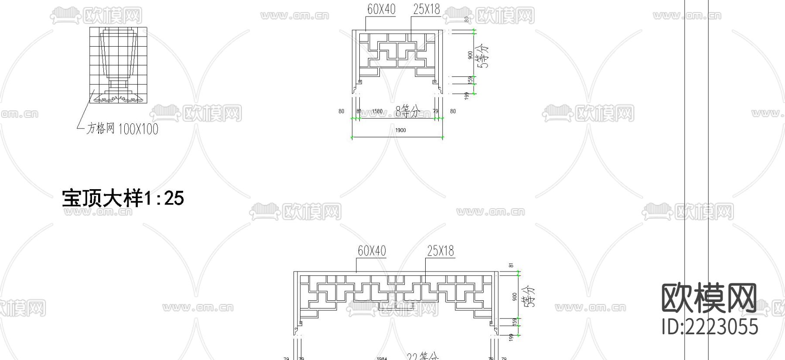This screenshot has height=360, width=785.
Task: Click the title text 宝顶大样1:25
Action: [x=123, y=198]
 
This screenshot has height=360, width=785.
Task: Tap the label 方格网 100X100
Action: [x=122, y=129]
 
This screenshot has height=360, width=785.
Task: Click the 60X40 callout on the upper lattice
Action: [x=381, y=10]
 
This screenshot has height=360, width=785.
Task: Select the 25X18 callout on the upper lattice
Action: [x=426, y=9]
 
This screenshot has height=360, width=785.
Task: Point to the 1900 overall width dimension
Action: [x=400, y=130]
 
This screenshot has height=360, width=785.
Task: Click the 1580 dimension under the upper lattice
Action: [x=377, y=112]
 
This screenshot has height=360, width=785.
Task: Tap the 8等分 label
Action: [x=407, y=112]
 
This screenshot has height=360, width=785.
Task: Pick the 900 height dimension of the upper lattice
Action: [x=470, y=55]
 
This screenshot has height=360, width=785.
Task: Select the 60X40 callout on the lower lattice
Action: [x=372, y=251]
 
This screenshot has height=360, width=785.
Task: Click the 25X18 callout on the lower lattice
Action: [x=440, y=251]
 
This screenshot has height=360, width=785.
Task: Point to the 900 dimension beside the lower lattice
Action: [x=515, y=297]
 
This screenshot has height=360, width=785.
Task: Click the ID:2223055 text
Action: [x=710, y=327]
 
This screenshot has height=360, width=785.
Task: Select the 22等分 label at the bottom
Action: [x=422, y=357]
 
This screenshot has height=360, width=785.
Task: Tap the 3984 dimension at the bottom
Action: [x=382, y=358]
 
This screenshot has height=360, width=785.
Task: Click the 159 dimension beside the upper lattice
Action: [x=470, y=80]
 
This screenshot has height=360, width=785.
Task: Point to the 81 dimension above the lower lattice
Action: [x=511, y=265]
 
